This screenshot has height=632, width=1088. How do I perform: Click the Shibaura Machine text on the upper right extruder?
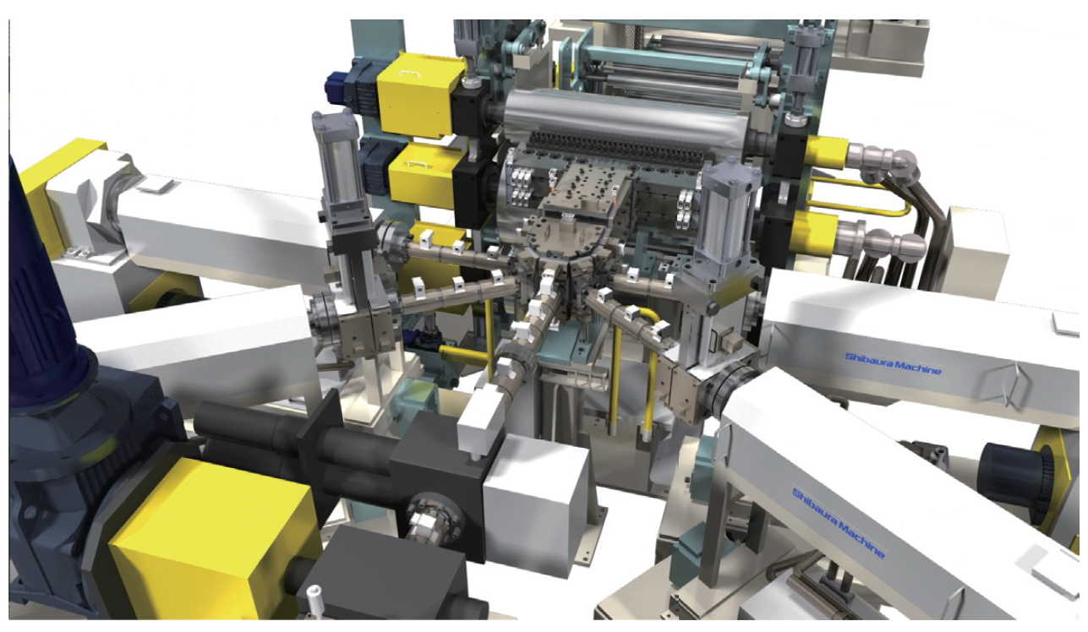tap(893, 364)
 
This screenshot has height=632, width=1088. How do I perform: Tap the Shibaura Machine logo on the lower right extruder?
tap(839, 523)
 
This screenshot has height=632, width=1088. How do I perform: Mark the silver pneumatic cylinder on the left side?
tap(340, 161)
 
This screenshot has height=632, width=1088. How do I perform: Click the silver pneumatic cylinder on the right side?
tap(729, 214)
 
